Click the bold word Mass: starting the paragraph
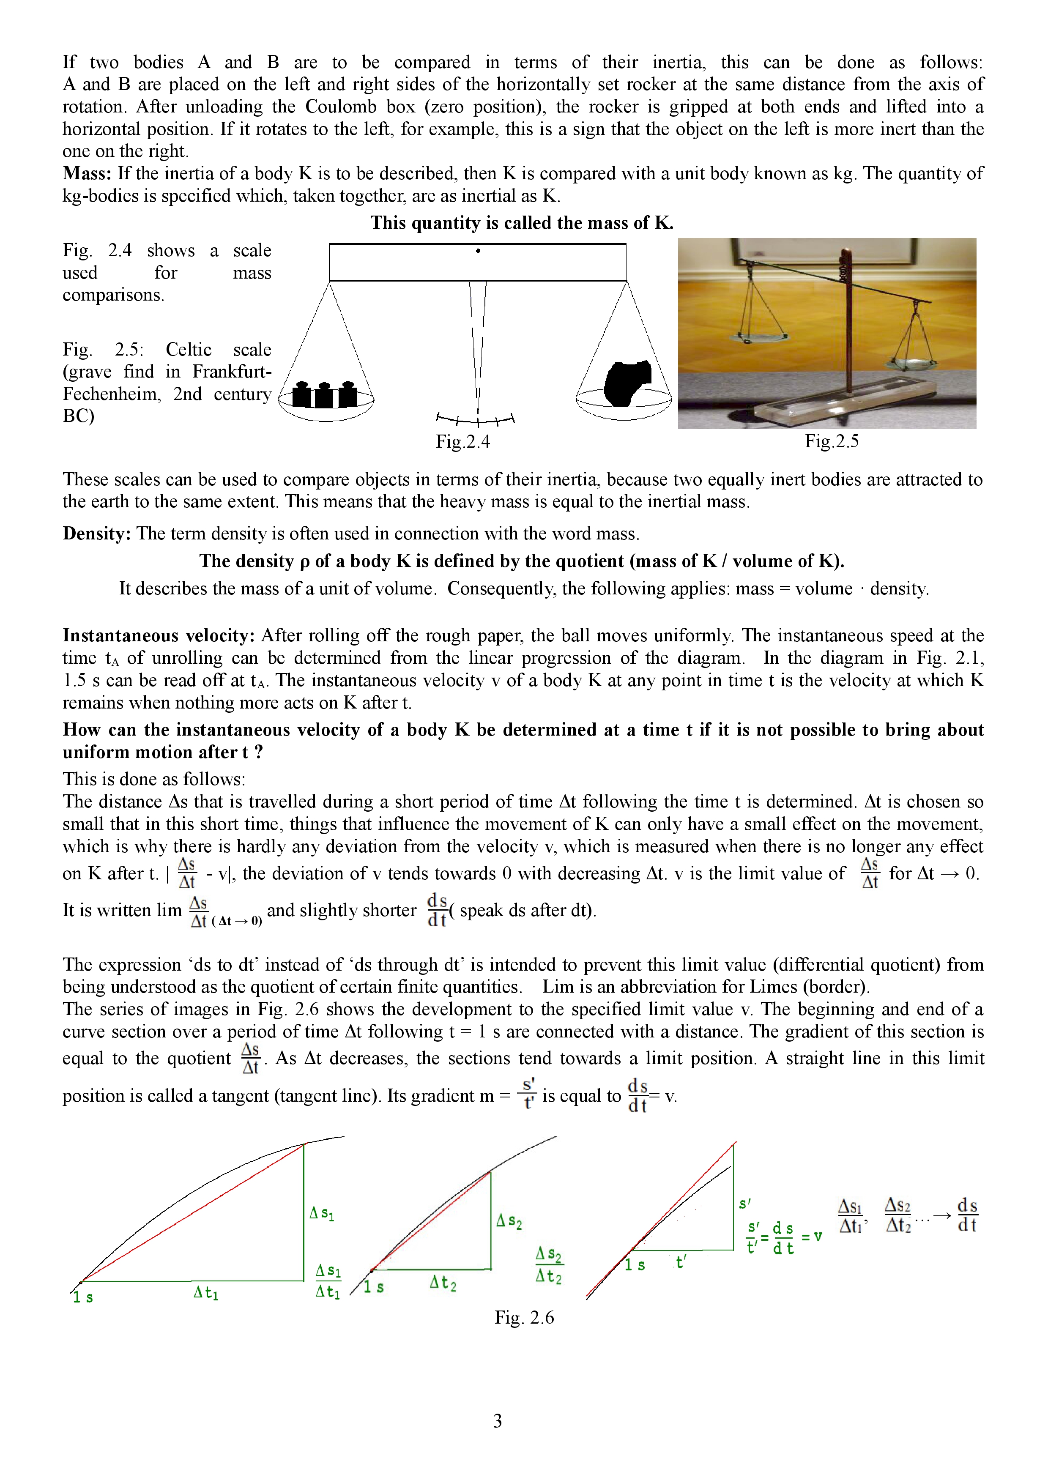tap(87, 174)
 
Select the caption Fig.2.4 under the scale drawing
tap(463, 442)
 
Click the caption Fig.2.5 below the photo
tap(832, 441)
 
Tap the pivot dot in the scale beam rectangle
tap(478, 251)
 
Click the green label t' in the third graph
tap(681, 1262)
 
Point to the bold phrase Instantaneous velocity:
tap(159, 635)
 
